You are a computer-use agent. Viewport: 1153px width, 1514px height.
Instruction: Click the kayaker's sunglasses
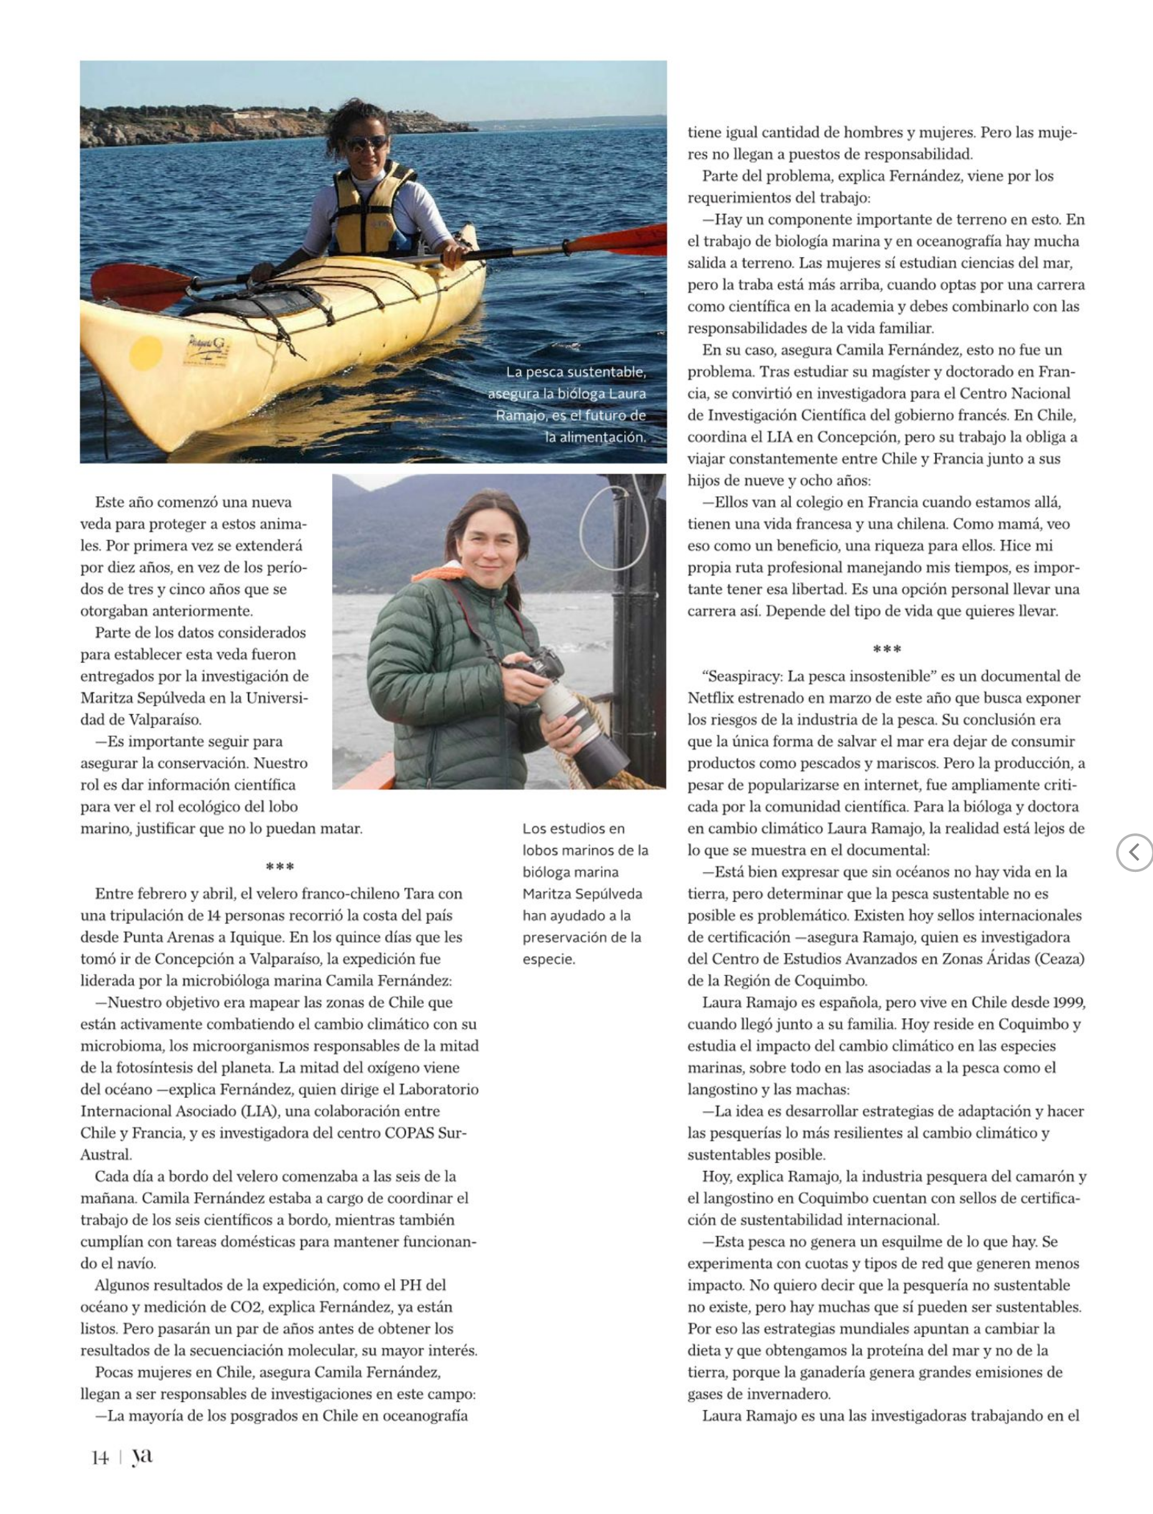(366, 143)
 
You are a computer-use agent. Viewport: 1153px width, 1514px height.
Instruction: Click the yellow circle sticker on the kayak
(146, 352)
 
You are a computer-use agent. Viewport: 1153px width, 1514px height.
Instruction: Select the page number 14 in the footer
(100, 1458)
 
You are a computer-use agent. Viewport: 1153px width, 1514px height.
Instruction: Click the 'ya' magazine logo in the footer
(142, 1455)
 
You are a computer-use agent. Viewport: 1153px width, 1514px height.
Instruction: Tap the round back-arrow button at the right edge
(1134, 853)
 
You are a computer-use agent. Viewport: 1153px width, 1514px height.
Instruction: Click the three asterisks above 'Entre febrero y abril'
(280, 866)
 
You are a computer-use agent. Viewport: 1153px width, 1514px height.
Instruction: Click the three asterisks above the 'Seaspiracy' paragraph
(887, 649)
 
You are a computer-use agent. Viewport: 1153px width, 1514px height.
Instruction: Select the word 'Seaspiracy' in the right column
(744, 676)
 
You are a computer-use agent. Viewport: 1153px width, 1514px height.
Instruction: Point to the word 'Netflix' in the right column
(713, 698)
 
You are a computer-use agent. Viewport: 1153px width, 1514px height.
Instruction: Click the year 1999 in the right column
(1067, 1002)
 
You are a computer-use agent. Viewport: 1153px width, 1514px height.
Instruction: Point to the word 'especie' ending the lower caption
(548, 959)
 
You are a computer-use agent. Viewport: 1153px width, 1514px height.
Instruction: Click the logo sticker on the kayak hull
(207, 350)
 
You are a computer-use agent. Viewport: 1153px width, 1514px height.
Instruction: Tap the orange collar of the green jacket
(439, 573)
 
